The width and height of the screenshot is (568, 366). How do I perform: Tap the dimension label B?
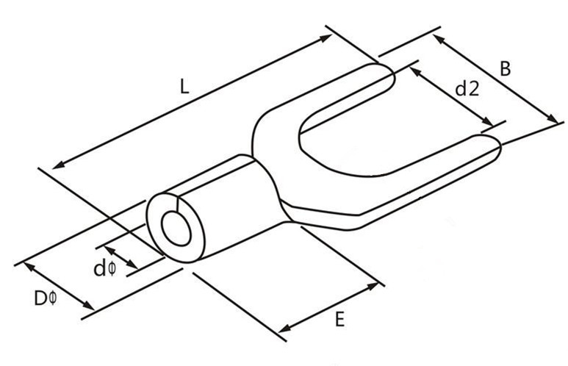point(506,69)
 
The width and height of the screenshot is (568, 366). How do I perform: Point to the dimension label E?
point(339,319)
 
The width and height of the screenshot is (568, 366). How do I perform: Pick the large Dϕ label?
point(45,298)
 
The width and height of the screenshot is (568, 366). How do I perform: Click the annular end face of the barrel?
point(158,213)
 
